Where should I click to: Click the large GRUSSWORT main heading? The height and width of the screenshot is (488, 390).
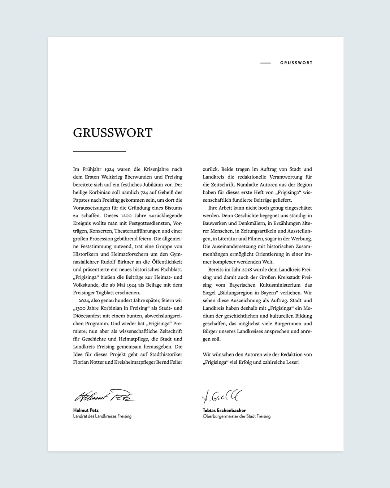tap(113, 133)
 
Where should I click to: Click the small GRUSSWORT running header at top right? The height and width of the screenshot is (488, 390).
tap(296, 63)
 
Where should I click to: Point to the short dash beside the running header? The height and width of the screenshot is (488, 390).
tap(265, 63)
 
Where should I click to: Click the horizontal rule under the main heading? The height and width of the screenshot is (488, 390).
tap(99, 151)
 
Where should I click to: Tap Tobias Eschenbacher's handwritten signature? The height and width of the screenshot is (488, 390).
tap(222, 396)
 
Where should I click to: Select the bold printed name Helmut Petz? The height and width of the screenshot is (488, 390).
tap(86, 410)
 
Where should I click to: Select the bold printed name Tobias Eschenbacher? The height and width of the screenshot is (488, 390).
tap(224, 410)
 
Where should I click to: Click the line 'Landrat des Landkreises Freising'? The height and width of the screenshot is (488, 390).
tap(102, 416)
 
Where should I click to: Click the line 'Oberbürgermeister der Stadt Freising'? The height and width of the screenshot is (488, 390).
tap(237, 416)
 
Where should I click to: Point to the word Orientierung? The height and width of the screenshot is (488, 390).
tap(260, 254)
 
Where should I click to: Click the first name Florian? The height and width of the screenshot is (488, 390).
tap(81, 362)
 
